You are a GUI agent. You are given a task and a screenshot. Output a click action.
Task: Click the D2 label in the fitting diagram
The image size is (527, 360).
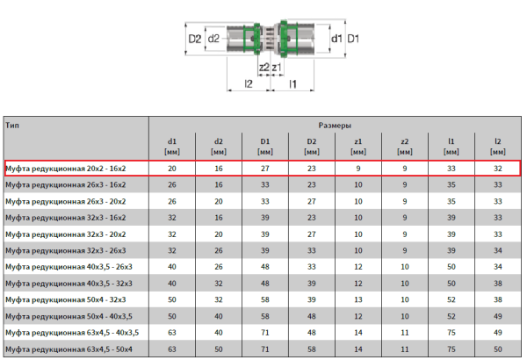coord(195,39)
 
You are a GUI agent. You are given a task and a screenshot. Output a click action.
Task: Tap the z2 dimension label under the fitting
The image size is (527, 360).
coord(263,67)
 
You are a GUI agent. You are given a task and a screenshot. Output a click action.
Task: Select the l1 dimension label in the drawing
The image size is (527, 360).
coord(294,84)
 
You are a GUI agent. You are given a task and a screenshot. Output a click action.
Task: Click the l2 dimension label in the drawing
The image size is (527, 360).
coord(249,84)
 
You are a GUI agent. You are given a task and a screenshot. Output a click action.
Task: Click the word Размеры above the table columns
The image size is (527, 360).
coord(335,126)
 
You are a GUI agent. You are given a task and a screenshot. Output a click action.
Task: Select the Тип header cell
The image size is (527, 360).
coord(11,126)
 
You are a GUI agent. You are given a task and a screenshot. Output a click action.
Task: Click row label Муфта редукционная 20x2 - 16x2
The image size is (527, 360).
coord(66,168)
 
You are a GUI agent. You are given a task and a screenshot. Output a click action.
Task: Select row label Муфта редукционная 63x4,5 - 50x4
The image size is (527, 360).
coord(71,349)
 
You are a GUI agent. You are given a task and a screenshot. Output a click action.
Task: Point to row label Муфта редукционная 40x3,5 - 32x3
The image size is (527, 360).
coord(71,283)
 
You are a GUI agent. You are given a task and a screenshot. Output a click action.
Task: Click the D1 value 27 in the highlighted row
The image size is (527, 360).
coord(265,168)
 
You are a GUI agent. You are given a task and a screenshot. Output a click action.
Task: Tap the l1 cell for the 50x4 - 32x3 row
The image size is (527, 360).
coord(451,299)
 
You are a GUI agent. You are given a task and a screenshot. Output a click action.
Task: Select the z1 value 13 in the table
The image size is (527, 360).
coord(357,299)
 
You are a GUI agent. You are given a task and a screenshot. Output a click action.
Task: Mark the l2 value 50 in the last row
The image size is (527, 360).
coord(497,349)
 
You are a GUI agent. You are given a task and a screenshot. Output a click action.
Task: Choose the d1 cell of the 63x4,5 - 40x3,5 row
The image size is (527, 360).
coord(172,333)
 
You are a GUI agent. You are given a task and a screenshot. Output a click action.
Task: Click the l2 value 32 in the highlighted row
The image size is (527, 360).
coord(497,168)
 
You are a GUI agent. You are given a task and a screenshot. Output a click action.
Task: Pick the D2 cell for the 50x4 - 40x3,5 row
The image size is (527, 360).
coord(312,316)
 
